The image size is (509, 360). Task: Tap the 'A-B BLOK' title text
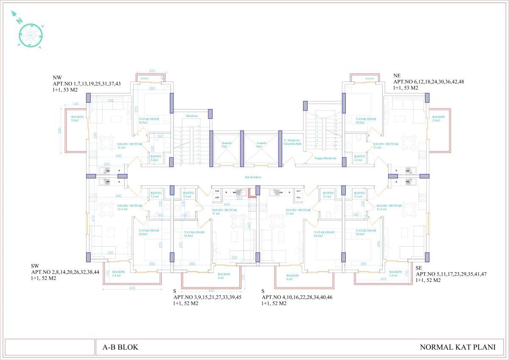click(x=120, y=347)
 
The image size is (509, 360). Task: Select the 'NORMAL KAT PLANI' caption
click(x=457, y=347)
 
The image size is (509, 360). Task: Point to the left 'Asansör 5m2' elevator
click(x=226, y=145)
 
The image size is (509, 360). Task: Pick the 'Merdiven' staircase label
click(x=192, y=115)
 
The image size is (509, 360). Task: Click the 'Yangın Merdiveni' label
click(x=325, y=158)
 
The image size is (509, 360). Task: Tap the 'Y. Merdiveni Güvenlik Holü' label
click(x=292, y=142)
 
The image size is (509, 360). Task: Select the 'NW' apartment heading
click(x=57, y=78)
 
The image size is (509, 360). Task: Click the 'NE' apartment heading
click(x=397, y=76)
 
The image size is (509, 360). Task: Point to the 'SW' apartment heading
click(x=35, y=266)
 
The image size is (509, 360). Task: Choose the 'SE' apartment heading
click(x=419, y=268)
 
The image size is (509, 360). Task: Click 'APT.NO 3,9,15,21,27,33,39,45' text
click(x=207, y=297)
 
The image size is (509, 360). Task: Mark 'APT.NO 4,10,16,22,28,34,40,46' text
click(x=296, y=297)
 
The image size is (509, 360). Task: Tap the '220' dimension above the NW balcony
click(x=152, y=71)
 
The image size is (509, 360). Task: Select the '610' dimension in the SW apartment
click(x=93, y=218)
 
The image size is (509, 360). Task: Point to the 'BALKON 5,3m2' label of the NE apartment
click(x=439, y=118)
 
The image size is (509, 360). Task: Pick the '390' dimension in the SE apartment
click(x=379, y=244)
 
